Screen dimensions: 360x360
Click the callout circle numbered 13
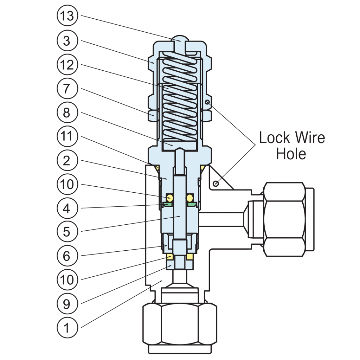[67, 15]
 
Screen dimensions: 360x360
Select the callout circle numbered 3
[67, 40]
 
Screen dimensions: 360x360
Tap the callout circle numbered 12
[67, 65]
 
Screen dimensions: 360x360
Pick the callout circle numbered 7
[67, 88]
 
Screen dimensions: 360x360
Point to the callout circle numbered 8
[67, 112]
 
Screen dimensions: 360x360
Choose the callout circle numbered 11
[67, 136]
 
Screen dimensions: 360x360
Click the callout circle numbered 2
[67, 160]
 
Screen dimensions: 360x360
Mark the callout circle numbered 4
[67, 208]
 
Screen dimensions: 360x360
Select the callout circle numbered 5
[67, 231]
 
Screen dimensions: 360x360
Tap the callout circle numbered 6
[67, 256]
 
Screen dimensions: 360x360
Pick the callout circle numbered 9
[67, 303]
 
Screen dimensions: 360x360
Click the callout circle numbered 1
[67, 327]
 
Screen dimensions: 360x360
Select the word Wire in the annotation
[310, 138]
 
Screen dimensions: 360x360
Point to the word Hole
[291, 154]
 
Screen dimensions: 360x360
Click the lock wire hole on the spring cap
[207, 102]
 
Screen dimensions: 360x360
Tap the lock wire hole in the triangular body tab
[216, 184]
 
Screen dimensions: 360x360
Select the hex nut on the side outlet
[284, 219]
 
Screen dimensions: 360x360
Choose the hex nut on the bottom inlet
[180, 324]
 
